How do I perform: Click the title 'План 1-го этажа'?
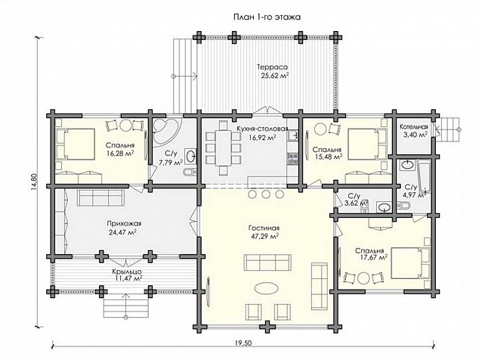267,17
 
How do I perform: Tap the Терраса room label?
273,67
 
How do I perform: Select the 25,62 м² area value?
275,76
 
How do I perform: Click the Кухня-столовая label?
262,129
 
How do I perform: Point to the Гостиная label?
264,228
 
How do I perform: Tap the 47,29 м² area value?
264,237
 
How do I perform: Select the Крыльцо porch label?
126,272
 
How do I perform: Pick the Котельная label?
414,126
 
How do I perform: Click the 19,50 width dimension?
243,343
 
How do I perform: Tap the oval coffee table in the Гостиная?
266,289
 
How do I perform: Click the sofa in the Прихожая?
100,198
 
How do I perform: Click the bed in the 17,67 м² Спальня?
410,262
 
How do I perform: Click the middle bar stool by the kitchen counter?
266,194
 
